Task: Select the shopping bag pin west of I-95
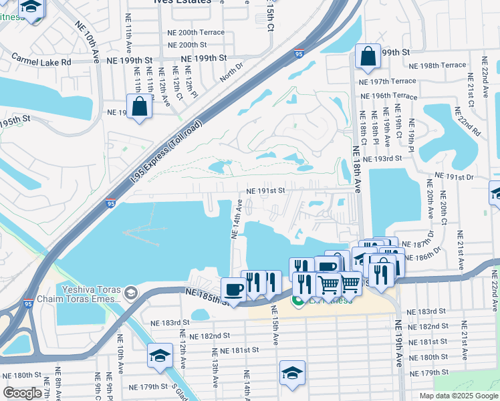(x=139, y=108)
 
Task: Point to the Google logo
(x=22, y=393)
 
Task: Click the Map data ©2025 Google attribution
(x=459, y=396)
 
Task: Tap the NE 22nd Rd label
(x=475, y=121)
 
